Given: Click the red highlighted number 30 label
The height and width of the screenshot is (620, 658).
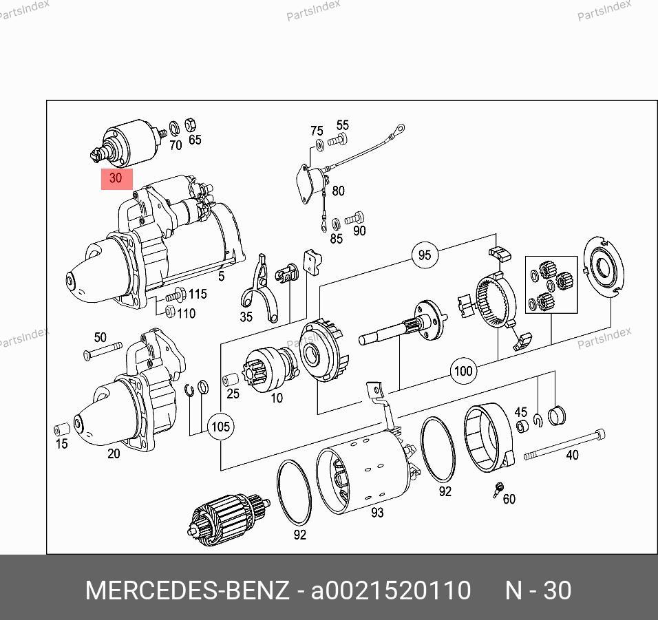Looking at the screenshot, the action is (x=116, y=179).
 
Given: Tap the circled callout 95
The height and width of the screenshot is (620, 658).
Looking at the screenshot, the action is (x=425, y=255).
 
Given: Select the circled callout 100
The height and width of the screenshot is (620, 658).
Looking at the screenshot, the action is (x=463, y=371).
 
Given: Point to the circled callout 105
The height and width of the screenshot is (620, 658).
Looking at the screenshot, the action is (x=221, y=427).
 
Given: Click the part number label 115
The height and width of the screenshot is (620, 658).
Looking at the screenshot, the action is (x=198, y=294).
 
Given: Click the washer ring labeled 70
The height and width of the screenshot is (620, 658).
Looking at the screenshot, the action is (x=174, y=127).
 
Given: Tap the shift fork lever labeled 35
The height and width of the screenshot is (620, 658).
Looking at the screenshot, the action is (x=260, y=290).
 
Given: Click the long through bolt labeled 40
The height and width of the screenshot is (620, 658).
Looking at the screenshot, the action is (x=565, y=444).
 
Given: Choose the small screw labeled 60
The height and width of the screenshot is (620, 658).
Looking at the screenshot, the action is (x=498, y=489).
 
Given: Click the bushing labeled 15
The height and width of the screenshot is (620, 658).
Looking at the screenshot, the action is (x=62, y=429).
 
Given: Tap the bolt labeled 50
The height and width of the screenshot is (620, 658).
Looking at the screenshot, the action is (x=103, y=351).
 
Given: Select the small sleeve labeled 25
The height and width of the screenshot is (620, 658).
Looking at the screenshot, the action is (x=230, y=380).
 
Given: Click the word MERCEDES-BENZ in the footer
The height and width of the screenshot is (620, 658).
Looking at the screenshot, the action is (x=187, y=590).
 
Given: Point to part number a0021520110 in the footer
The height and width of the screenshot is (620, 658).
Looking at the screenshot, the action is (x=391, y=590).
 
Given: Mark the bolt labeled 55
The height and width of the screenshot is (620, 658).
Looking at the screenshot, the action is (x=337, y=140).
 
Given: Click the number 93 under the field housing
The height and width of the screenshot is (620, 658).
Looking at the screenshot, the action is (x=377, y=512).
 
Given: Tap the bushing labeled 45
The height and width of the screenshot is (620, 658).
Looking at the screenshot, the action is (x=522, y=426).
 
